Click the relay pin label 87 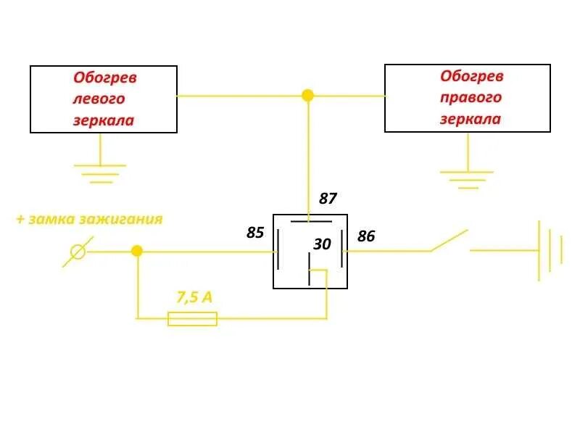(328, 199)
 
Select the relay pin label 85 (255, 233)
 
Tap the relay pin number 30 (322, 245)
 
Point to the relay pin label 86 (366, 236)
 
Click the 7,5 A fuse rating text (194, 297)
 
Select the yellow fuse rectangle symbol (192, 318)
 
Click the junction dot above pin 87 (308, 95)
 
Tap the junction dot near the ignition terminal (137, 251)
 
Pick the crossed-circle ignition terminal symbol (76, 252)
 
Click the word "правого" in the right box (471, 97)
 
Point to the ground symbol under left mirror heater (100, 173)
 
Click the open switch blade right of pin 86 (449, 241)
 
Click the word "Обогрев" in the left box (105, 77)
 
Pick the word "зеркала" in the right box (470, 119)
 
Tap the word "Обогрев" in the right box (472, 76)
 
